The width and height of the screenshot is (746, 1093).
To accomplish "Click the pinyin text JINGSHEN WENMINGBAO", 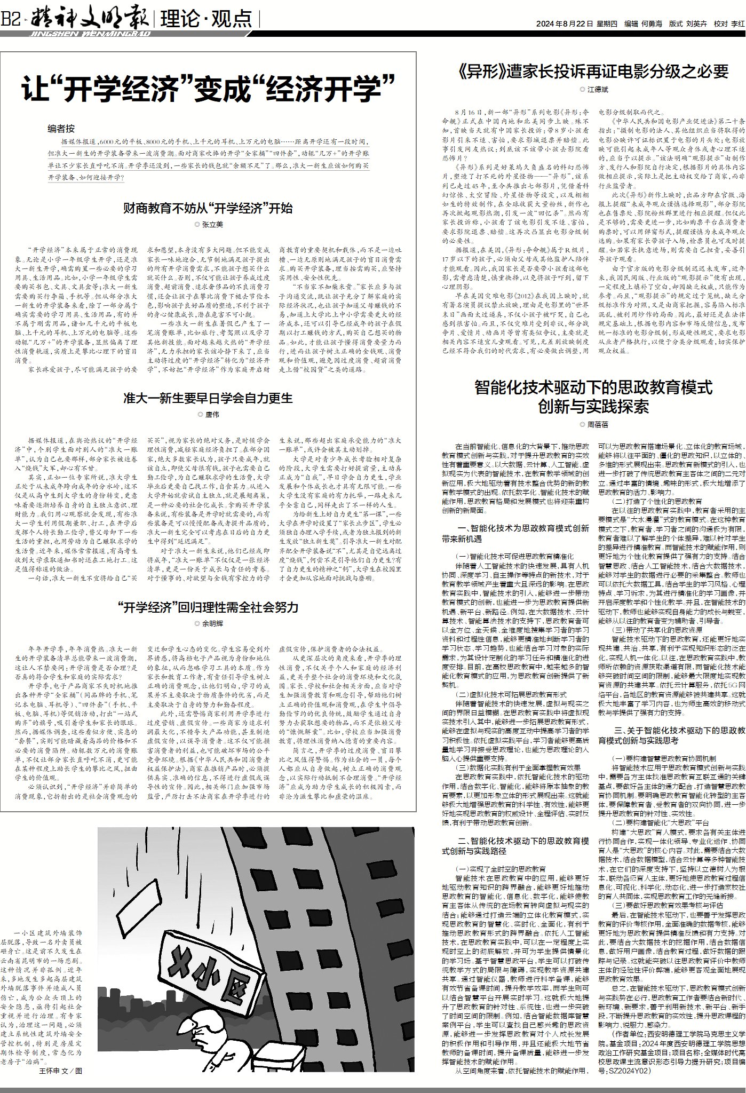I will pyautogui.click(x=88, y=34).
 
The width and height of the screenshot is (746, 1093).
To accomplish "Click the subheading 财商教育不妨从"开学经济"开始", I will pyautogui.click(x=208, y=208).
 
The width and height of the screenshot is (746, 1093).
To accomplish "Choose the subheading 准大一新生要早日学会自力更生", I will pyautogui.click(x=208, y=398).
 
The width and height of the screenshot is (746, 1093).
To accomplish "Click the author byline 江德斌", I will pyautogui.click(x=594, y=90).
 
